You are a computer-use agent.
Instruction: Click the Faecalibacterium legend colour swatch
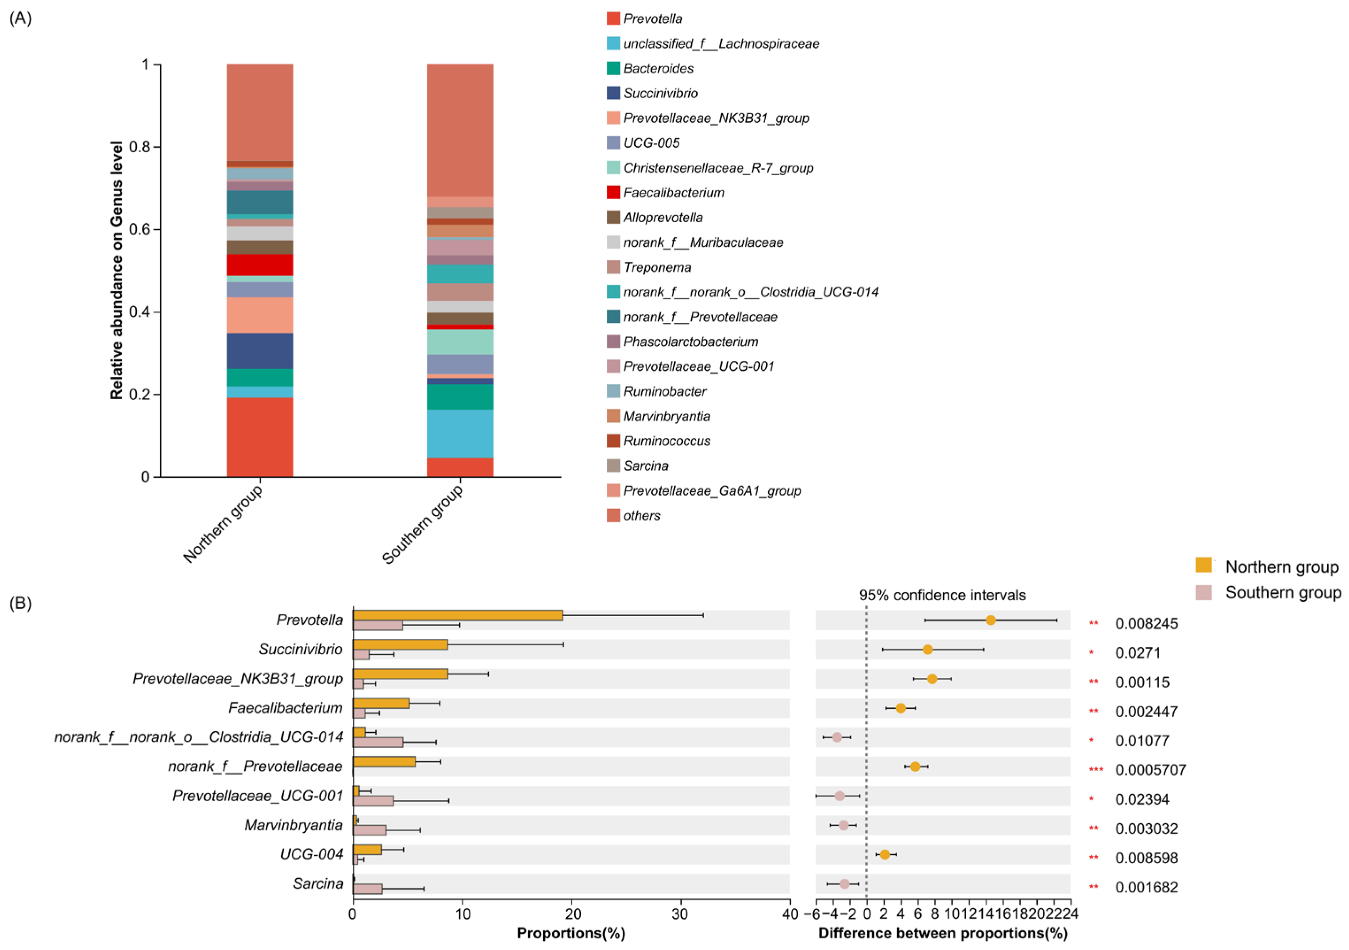pyautogui.click(x=613, y=192)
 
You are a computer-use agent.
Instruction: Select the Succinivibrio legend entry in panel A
pyautogui.click(x=660, y=93)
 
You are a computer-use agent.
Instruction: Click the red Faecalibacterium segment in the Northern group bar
pyautogui.click(x=260, y=265)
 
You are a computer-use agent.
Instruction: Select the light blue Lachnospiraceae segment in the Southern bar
pyautogui.click(x=460, y=433)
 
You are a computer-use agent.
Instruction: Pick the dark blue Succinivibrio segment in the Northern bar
pyautogui.click(x=260, y=351)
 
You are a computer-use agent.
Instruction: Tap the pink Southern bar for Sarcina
pyautogui.click(x=367, y=888)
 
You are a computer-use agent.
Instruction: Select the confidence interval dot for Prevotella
pyautogui.click(x=991, y=620)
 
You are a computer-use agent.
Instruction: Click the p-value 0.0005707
pyautogui.click(x=1150, y=770)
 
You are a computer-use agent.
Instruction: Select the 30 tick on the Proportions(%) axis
pyautogui.click(x=680, y=914)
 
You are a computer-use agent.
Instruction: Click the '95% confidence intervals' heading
pyautogui.click(x=942, y=595)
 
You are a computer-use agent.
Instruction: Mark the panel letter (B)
pyautogui.click(x=20, y=603)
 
